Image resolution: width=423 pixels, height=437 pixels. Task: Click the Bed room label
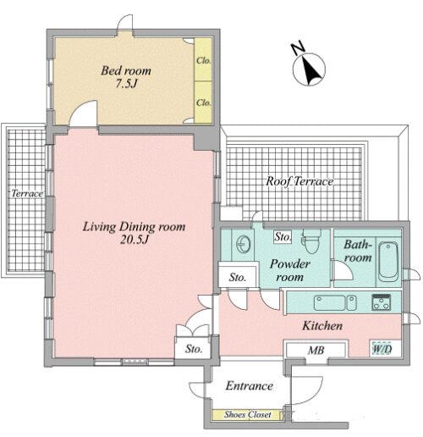(x=126, y=70)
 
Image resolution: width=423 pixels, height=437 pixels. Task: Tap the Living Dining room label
(x=134, y=227)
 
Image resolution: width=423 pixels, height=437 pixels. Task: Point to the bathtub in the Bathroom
(x=388, y=262)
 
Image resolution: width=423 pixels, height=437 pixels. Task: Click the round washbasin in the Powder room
(x=243, y=244)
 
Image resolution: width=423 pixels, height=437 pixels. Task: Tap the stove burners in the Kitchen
(x=382, y=302)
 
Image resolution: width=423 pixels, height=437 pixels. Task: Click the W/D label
(x=382, y=349)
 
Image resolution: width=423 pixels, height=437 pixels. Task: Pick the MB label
(x=316, y=351)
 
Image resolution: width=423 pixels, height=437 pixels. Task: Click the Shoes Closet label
(x=248, y=414)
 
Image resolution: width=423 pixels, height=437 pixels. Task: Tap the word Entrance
(x=250, y=386)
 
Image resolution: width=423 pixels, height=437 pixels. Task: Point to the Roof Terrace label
(x=299, y=181)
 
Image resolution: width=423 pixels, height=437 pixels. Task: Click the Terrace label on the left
(x=27, y=193)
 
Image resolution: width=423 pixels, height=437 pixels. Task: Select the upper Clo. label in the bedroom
(x=204, y=60)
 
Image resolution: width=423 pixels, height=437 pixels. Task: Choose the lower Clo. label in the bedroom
(x=204, y=102)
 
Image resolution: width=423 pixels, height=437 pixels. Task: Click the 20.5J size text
(x=135, y=240)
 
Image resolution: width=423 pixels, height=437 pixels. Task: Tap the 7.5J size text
(x=126, y=84)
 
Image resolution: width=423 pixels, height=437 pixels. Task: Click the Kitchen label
(x=322, y=326)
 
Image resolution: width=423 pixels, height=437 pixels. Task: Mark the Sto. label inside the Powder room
(x=283, y=236)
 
